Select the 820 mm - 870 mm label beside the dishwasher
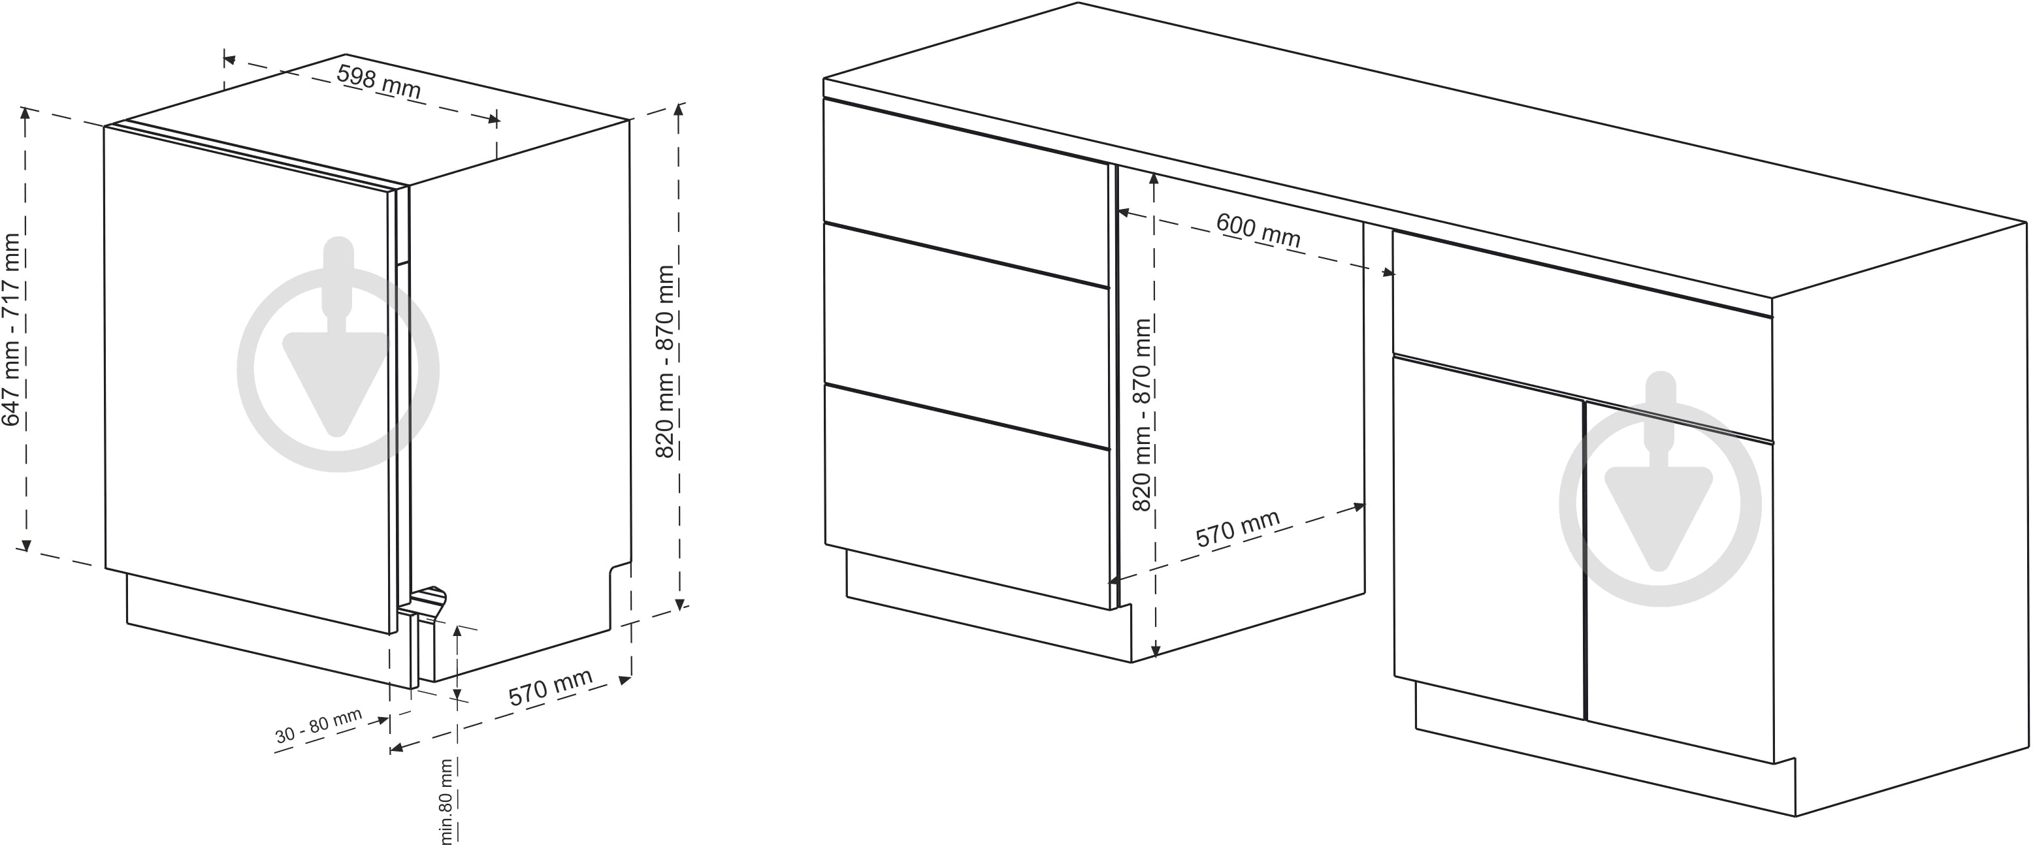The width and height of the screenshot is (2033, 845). point(665,361)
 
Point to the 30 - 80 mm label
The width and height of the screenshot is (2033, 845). point(318,726)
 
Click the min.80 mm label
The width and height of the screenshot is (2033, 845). point(447,801)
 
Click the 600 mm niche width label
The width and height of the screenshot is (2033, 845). point(1258,231)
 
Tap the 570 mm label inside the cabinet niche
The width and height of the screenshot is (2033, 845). point(1237,530)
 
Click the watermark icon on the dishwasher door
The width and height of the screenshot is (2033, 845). point(338,353)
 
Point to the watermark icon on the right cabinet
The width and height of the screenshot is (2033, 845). point(1661,488)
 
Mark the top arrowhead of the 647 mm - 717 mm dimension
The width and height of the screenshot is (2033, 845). point(26,115)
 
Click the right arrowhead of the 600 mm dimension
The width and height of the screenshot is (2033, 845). point(1387,273)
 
